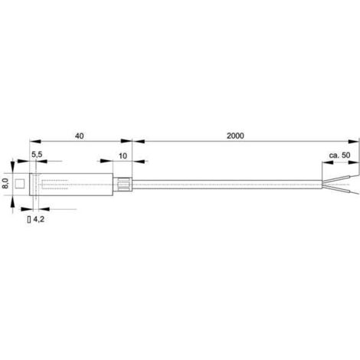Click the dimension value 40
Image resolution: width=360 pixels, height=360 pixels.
[79, 136]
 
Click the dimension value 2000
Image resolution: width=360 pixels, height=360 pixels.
[235, 136]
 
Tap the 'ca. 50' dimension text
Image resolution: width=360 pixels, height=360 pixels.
[339, 155]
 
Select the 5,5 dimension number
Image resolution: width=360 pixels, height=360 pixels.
[37, 155]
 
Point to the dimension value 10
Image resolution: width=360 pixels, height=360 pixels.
[123, 156]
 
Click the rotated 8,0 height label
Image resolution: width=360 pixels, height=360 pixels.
[5, 184]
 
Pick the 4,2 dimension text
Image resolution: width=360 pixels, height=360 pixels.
[39, 219]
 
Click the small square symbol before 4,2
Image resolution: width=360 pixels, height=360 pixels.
[29, 219]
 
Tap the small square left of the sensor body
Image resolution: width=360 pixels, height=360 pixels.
[20, 184]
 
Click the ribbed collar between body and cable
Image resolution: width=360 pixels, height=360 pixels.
[123, 185]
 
